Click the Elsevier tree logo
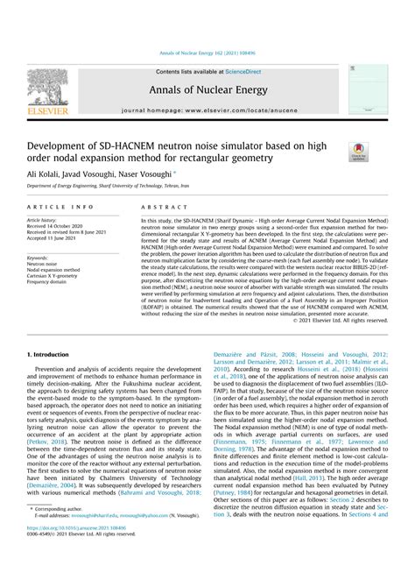pyautogui.click(x=46, y=90)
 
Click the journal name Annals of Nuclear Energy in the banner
pyautogui.click(x=207, y=90)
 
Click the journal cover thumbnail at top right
pyautogui.click(x=367, y=94)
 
